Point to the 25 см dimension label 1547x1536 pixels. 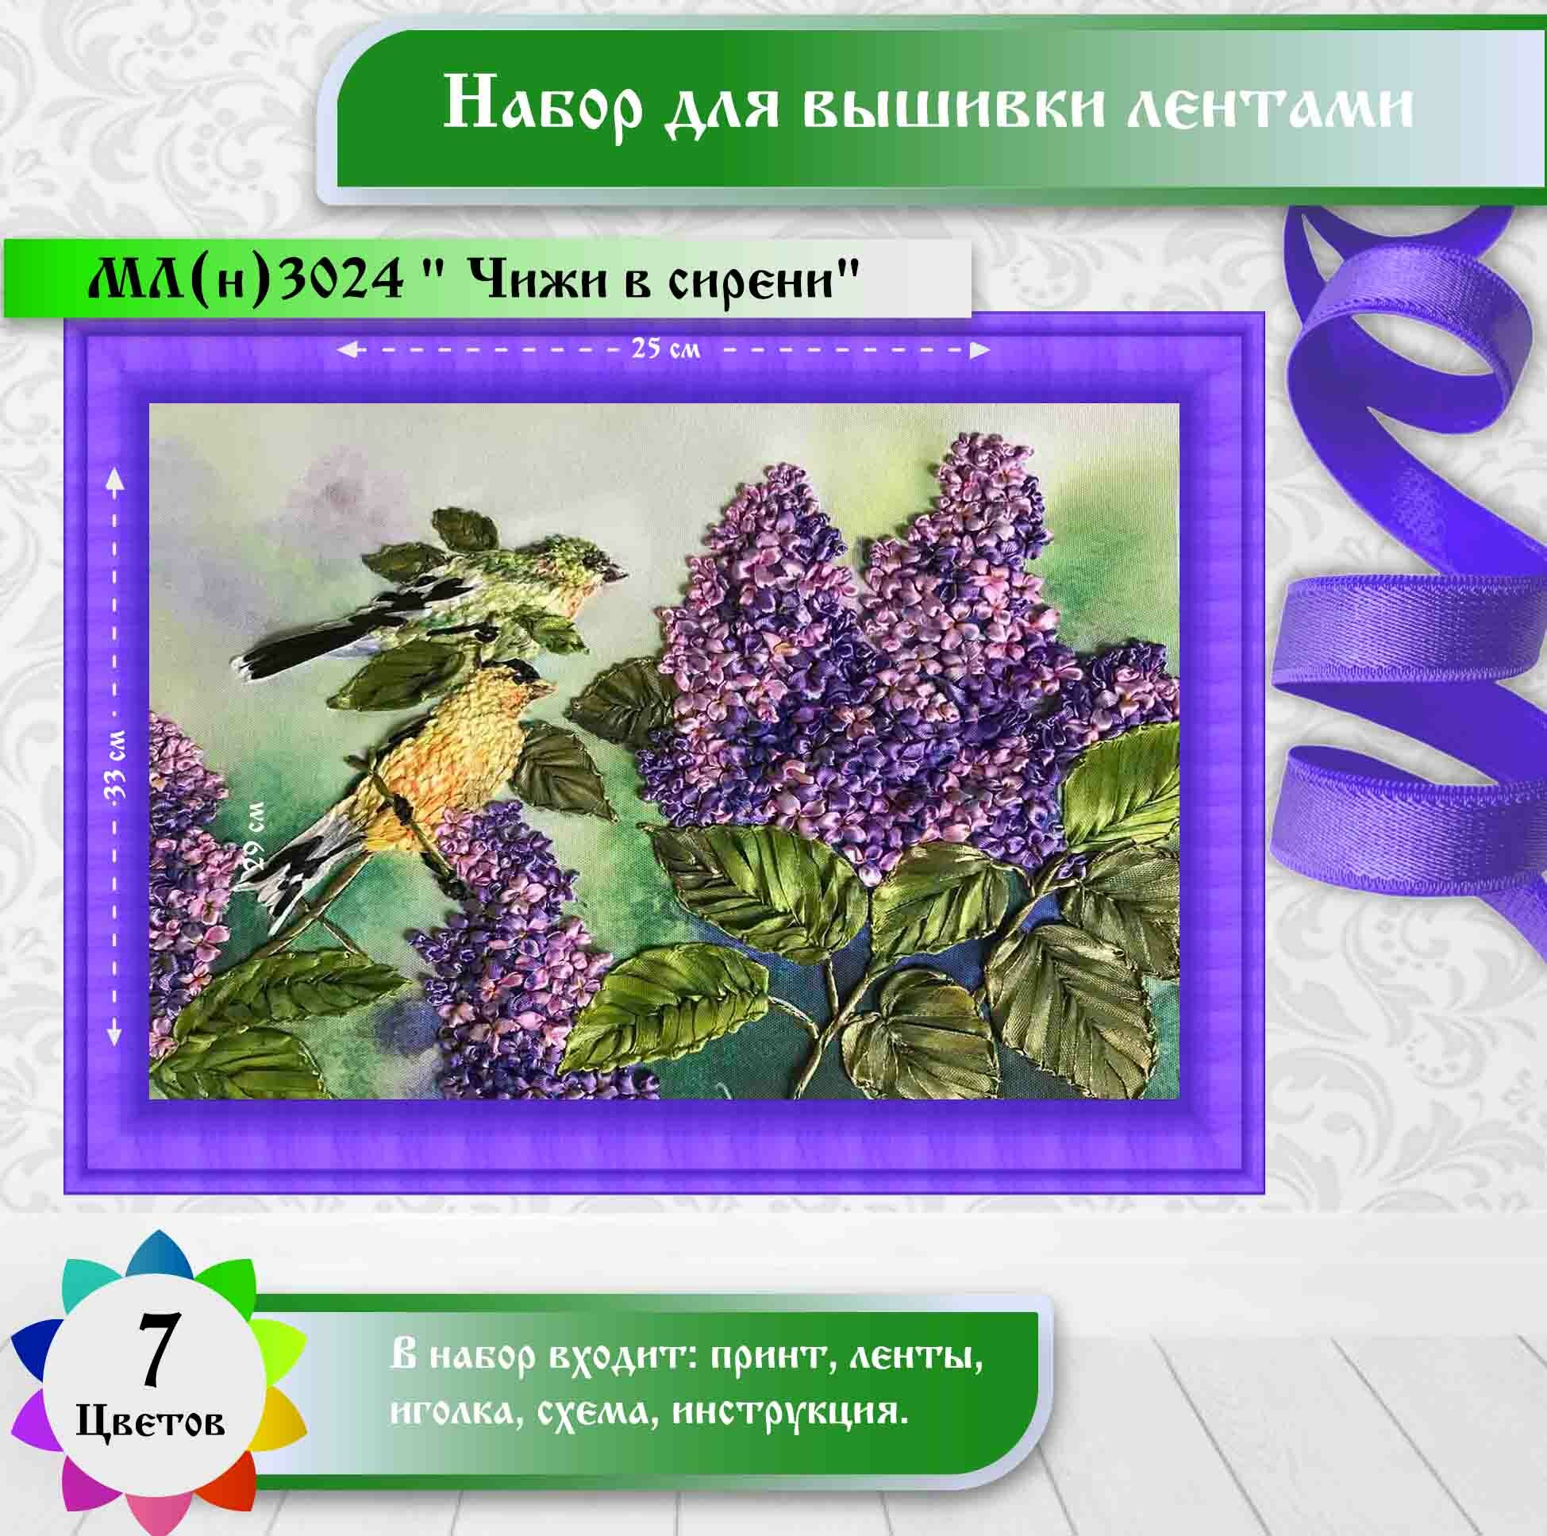tap(665, 349)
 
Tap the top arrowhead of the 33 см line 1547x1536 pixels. tap(117, 479)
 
